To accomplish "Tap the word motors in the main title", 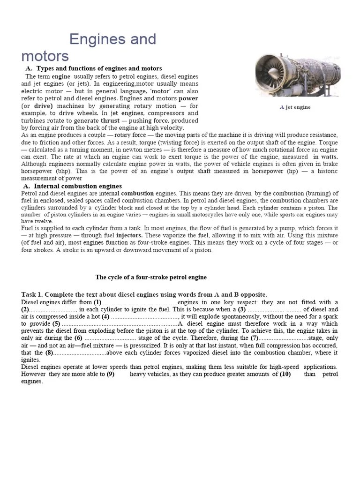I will pos(45,56).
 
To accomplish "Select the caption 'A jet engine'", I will pos(295,107).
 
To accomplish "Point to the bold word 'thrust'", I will pos(111,120).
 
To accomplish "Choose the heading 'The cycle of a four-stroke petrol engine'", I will pos(151,277).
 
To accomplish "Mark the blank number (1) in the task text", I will pos(97,302).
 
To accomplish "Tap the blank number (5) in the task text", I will pos(56,324).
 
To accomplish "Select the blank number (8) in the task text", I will pos(49,352).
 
